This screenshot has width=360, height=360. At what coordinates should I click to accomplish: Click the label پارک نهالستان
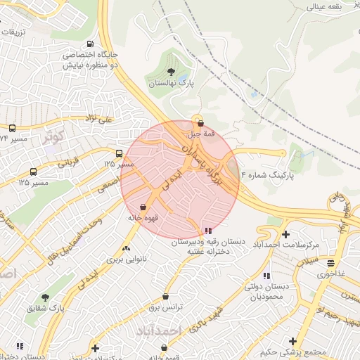coord(170,84)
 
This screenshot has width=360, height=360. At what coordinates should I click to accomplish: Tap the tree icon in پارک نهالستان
coord(171,72)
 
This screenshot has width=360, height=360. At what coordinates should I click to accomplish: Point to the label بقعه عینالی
coord(322,6)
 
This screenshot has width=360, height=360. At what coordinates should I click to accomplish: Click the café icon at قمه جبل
coord(200,123)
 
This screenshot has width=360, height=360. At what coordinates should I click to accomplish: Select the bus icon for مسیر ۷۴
coord(13,128)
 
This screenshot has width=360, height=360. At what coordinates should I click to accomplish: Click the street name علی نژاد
coord(98,120)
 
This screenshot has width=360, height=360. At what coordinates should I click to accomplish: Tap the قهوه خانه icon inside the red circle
coord(144,207)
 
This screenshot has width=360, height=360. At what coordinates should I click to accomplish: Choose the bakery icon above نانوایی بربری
coord(127,248)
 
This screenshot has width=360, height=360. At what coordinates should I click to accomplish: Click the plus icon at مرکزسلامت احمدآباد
coord(285,233)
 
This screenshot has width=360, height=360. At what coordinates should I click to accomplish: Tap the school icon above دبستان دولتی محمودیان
coord(266,276)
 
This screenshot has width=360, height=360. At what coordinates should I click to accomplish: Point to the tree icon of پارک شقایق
coord(46,297)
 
